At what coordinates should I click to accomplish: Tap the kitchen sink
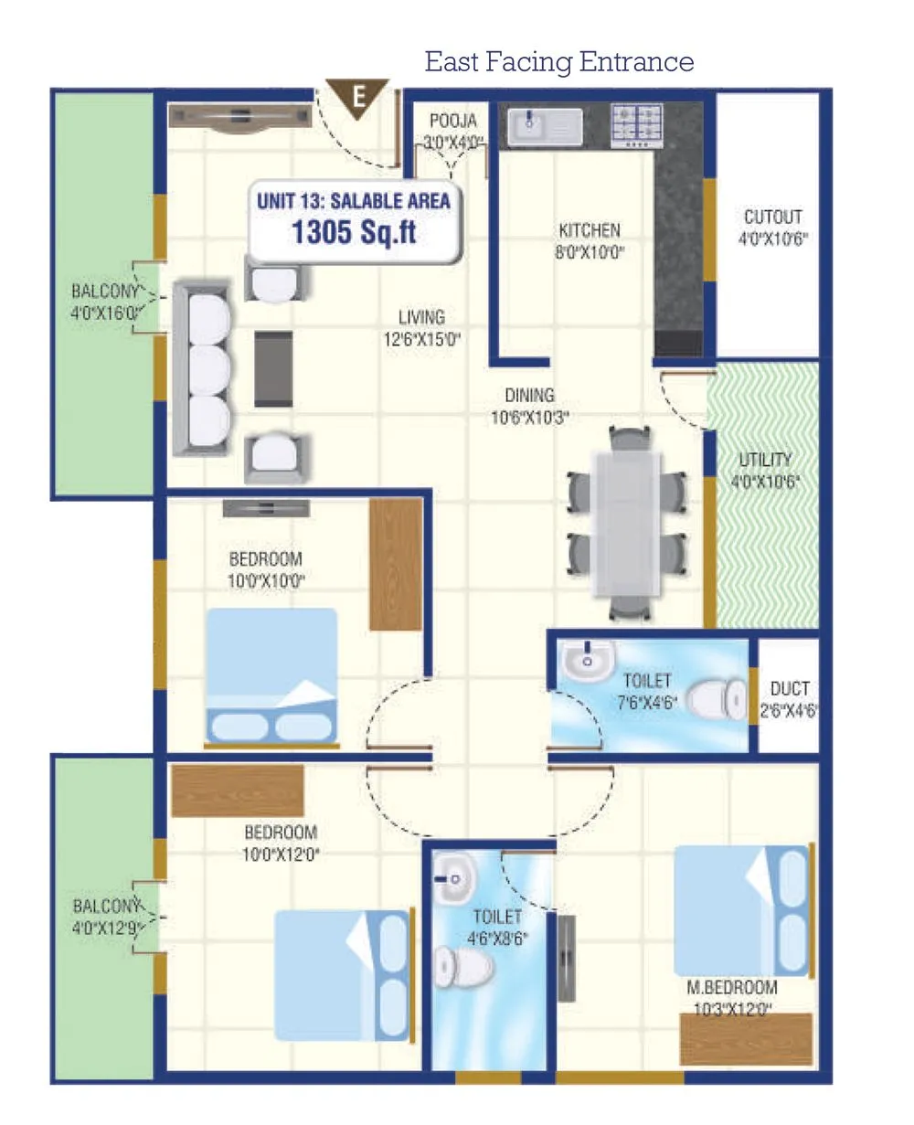(x=545, y=126)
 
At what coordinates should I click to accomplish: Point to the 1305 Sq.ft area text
(x=354, y=232)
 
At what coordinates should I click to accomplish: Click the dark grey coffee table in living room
(x=273, y=368)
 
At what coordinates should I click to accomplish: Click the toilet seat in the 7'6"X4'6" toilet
(x=717, y=701)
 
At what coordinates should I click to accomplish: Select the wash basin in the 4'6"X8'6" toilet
(x=454, y=877)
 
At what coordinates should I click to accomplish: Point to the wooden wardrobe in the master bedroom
(x=746, y=1038)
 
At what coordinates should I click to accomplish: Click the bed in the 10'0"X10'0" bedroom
(x=271, y=675)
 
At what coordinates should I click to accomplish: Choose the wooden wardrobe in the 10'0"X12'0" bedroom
(x=237, y=791)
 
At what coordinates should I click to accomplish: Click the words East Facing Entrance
(x=559, y=62)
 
